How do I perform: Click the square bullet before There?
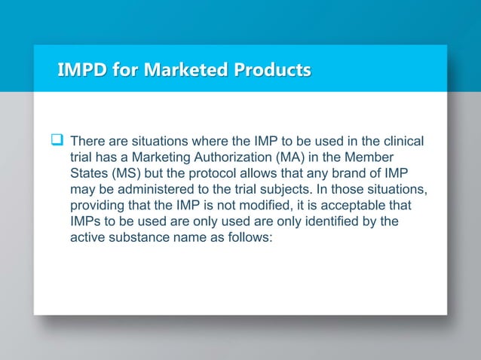55,140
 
